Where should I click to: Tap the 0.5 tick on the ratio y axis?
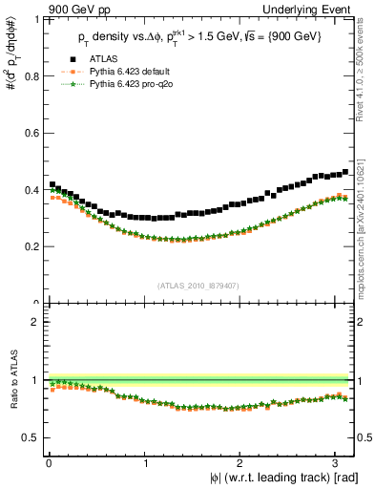coord(31,437)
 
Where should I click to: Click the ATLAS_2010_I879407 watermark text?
coord(199,285)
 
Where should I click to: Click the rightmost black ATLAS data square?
coord(344,172)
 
